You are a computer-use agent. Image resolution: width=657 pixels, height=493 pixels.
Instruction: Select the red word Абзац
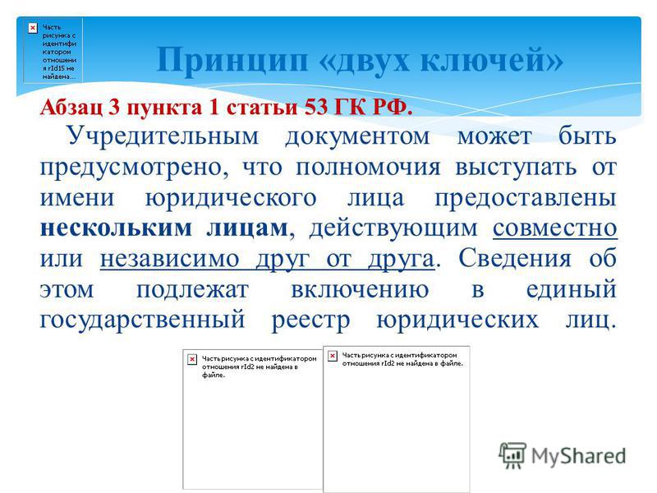[71, 108]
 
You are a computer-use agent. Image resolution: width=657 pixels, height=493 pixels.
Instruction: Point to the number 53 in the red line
[316, 107]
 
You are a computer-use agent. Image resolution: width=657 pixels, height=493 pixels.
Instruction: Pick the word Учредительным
[163, 136]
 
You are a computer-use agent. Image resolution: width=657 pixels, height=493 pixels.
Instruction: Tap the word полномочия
[368, 168]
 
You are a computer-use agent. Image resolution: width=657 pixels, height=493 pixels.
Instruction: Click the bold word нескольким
[116, 228]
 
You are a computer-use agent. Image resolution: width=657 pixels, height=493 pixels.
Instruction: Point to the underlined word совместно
[555, 228]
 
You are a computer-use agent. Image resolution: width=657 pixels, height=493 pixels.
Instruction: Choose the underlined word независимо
[170, 259]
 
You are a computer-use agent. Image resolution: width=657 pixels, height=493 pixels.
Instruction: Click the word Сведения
[515, 258]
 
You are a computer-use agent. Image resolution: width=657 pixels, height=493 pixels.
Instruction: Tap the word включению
[360, 289]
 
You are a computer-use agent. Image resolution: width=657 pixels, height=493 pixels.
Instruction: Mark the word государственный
[142, 320]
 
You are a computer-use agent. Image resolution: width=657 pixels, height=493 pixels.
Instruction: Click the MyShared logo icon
[512, 455]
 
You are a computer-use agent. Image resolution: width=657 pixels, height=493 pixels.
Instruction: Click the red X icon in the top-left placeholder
[33, 28]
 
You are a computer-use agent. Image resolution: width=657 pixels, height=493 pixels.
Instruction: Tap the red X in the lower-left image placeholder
[192, 359]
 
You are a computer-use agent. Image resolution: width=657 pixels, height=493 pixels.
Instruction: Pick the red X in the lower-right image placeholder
[333, 356]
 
